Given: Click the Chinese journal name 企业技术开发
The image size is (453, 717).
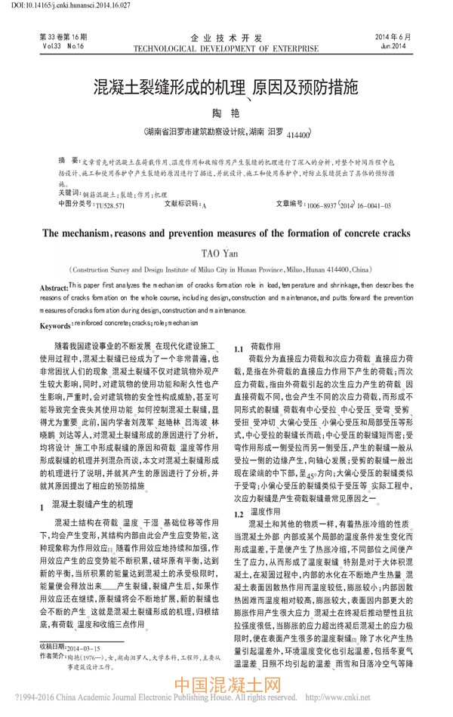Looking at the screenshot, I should (x=226, y=37).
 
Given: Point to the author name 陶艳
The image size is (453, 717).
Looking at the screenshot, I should (x=227, y=112).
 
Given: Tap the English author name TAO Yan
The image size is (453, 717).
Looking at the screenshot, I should (x=226, y=254).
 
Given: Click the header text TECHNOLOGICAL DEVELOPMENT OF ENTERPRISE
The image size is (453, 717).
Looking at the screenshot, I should (x=226, y=48).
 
